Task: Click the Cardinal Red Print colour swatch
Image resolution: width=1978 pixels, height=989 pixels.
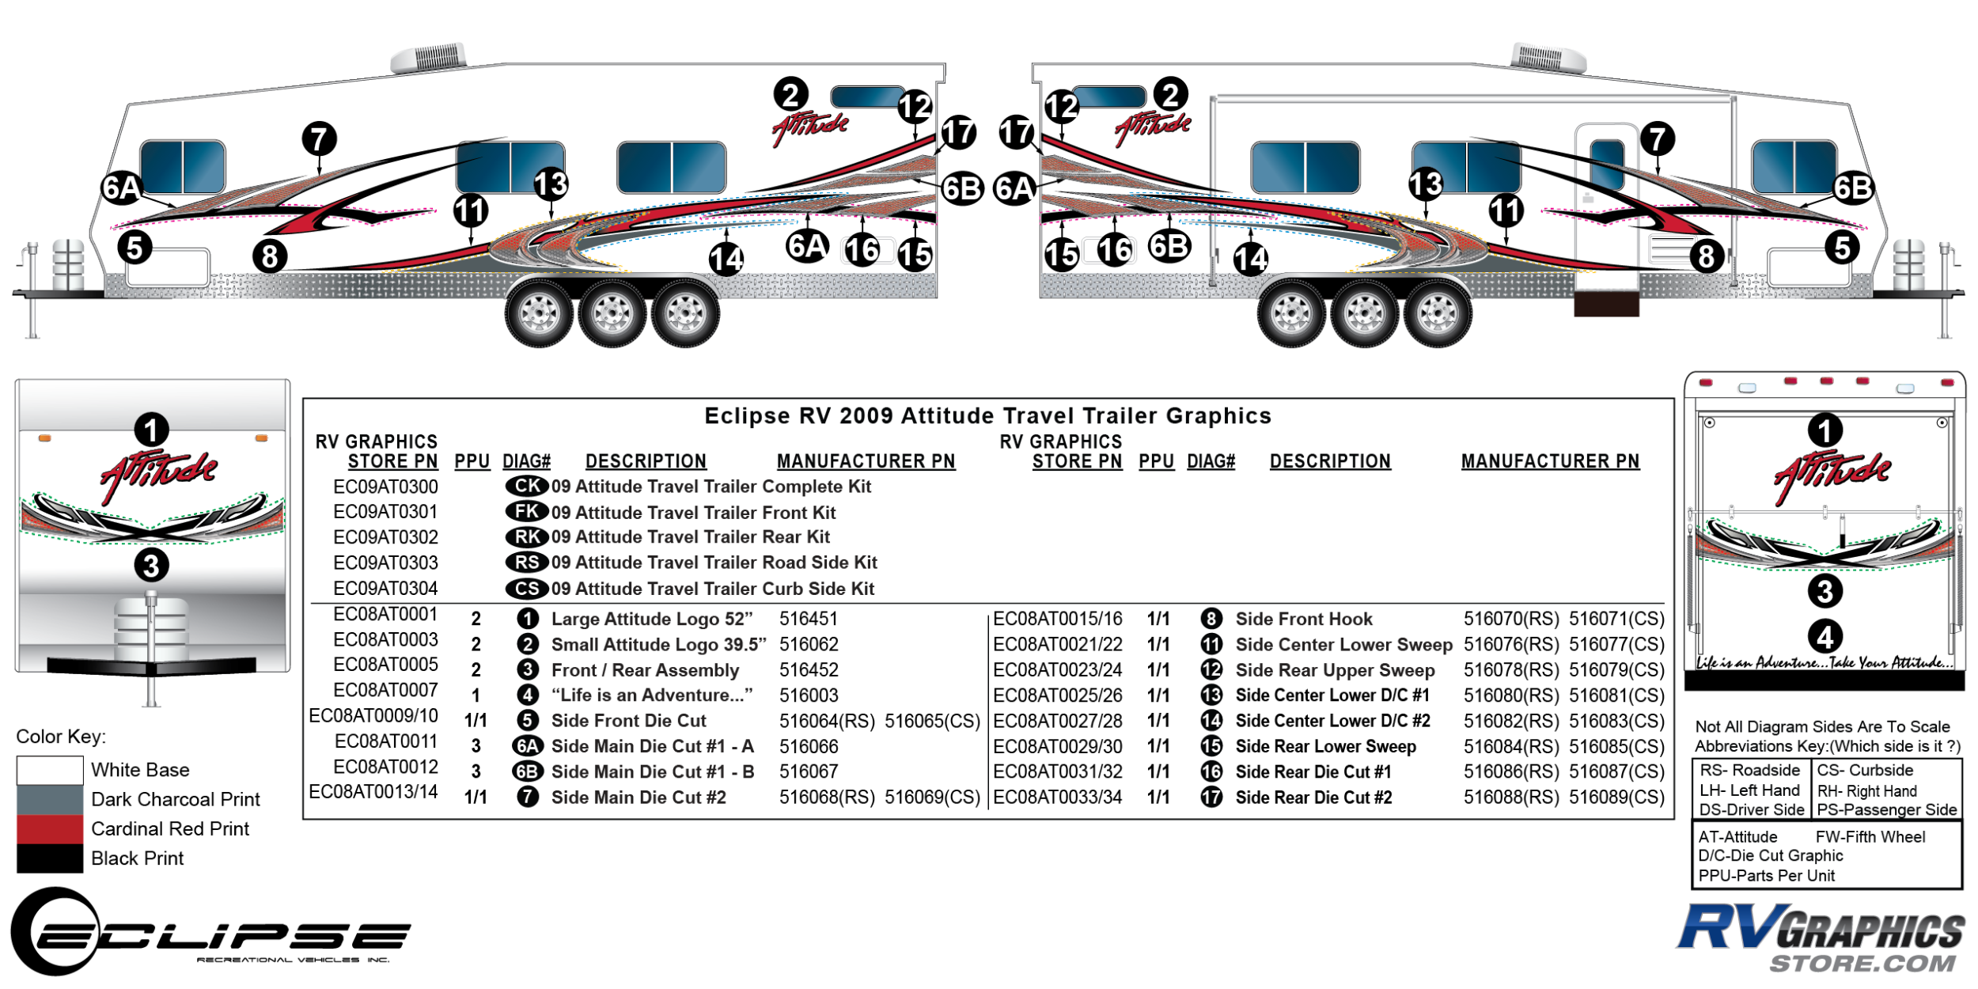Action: [49, 828]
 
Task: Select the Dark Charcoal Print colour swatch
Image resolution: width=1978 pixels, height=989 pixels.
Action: [49, 799]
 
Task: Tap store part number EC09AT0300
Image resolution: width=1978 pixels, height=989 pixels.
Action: [385, 487]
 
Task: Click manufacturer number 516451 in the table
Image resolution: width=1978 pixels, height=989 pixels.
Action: [808, 619]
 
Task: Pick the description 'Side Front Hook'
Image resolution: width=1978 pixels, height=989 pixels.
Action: [1303, 619]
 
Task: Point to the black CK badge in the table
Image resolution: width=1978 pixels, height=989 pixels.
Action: [527, 486]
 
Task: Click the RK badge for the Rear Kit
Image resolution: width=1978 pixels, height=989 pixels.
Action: [527, 537]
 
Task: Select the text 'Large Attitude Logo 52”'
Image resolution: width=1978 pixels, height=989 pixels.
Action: [651, 619]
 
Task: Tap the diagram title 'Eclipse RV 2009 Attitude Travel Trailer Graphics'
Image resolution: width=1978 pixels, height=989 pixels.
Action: [987, 416]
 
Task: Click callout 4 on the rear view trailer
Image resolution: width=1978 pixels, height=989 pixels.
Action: [1825, 637]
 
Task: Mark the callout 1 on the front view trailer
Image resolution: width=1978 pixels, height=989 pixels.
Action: [151, 430]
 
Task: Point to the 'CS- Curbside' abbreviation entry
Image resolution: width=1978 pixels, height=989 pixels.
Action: [1864, 771]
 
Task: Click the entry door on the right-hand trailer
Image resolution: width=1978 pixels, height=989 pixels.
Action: [1606, 206]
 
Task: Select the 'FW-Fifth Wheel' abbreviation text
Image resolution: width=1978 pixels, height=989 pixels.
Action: [1870, 837]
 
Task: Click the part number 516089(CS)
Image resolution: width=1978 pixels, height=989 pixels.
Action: [1616, 798]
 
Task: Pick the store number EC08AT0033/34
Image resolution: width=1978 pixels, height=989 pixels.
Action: [1057, 798]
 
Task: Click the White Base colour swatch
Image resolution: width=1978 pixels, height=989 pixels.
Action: [49, 770]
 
